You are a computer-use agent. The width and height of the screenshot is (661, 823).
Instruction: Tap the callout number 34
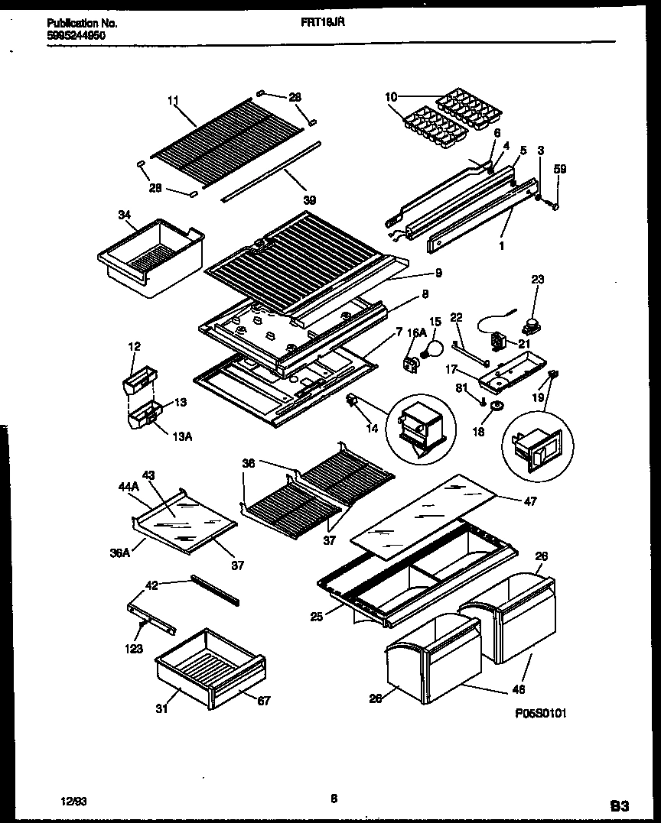124,215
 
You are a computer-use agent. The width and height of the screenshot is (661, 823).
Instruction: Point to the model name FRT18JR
323,24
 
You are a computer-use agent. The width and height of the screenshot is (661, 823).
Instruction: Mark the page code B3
620,805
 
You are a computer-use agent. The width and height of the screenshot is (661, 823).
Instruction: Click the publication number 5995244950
75,35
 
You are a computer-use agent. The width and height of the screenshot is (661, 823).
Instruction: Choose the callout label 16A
415,332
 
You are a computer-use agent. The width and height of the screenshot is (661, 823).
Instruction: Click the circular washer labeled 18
495,404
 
